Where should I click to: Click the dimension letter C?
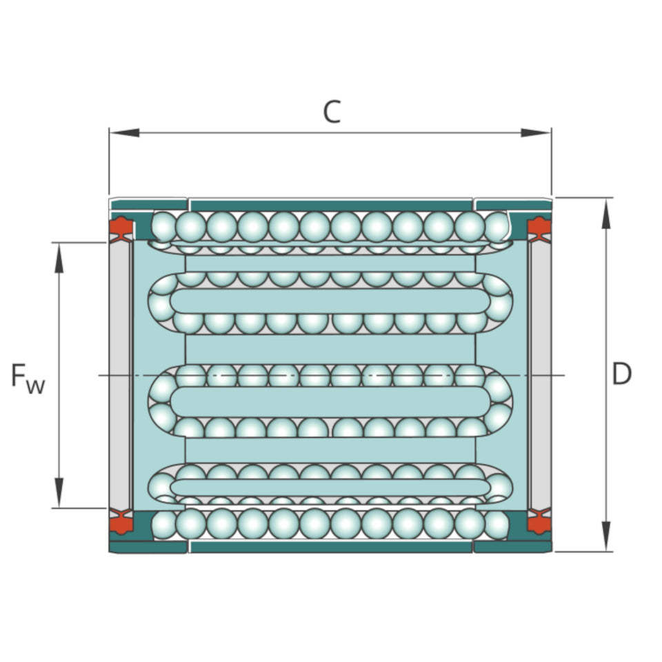[332, 112]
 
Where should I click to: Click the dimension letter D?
[621, 374]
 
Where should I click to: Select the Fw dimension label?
[28, 378]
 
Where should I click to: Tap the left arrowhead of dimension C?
[125, 132]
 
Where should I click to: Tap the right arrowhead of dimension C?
[536, 132]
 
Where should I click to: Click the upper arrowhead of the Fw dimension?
[59, 257]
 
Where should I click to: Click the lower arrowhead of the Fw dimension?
[59, 492]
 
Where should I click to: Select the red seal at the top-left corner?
[121, 229]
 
